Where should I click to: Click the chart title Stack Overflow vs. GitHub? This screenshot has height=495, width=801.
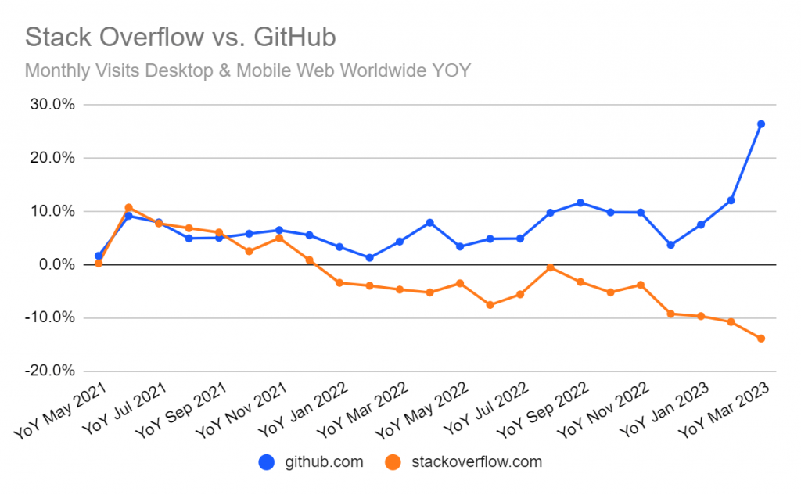(181, 37)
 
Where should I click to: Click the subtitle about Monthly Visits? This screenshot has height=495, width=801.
(247, 71)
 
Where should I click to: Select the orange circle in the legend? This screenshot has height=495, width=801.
(395, 462)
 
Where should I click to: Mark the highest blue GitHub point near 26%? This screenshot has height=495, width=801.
(761, 124)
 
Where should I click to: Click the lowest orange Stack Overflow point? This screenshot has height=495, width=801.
(761, 339)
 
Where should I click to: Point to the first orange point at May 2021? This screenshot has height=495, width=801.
(99, 264)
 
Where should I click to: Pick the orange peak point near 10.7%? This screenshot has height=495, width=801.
(128, 208)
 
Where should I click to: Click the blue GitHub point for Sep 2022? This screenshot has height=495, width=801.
(580, 203)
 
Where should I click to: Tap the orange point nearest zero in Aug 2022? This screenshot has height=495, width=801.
(551, 267)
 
